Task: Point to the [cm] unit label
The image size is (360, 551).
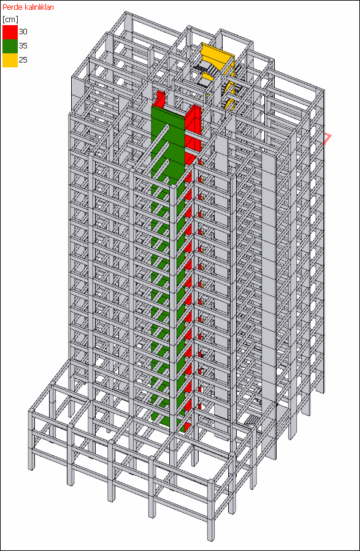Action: point(10,20)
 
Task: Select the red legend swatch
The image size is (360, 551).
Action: point(10,32)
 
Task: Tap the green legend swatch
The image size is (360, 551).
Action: point(10,46)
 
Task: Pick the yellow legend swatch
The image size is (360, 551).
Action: point(10,60)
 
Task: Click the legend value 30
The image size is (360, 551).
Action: point(23,32)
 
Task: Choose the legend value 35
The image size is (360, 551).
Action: point(23,46)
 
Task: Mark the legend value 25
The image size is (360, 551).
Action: point(23,59)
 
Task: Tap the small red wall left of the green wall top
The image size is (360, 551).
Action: point(160,99)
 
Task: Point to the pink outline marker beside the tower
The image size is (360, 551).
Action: point(327,139)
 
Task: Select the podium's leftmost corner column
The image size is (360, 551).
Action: point(32,439)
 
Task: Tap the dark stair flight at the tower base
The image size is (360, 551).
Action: point(252,420)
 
